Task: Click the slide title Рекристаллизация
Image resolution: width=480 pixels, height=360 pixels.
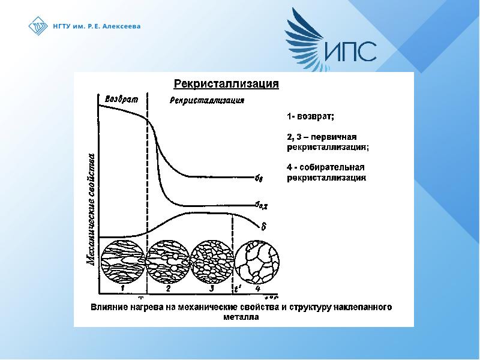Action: click(x=226, y=84)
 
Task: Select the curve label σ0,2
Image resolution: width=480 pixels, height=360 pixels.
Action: click(x=261, y=206)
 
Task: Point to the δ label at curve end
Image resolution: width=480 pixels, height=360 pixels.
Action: click(x=263, y=226)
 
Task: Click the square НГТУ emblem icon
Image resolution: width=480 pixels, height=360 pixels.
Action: click(x=38, y=26)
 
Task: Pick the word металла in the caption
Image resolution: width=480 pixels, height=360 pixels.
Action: click(x=244, y=318)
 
